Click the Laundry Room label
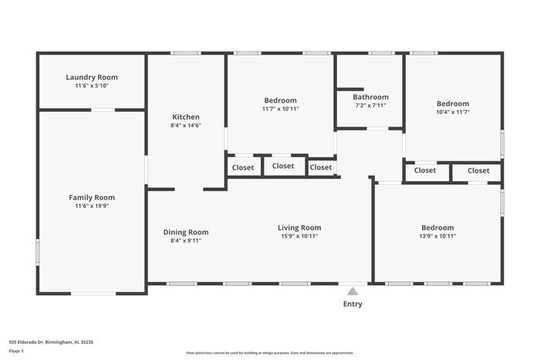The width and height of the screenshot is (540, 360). tap(92, 77)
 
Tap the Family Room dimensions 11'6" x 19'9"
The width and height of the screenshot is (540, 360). tap(92, 206)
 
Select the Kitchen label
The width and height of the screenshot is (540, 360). tap(186, 117)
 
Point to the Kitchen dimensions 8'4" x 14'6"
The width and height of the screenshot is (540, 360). tap(186, 126)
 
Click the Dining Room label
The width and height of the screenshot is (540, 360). tap(186, 232)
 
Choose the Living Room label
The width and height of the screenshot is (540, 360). tap(299, 227)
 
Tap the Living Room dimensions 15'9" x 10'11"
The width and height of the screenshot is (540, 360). tap(299, 236)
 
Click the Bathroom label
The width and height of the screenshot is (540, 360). tap(370, 97)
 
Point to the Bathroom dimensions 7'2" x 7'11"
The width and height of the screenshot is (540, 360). tap(370, 106)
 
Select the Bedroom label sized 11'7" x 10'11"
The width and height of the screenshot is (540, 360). tap(280, 100)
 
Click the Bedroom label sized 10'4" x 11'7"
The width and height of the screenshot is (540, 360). tap(452, 103)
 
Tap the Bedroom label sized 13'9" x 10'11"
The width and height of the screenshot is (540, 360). tap(437, 227)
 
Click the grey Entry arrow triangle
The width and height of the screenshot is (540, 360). tap(353, 291)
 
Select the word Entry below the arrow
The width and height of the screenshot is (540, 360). tap(353, 304)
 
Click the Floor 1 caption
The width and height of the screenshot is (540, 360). tap(16, 351)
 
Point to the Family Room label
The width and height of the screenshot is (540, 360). tap(92, 197)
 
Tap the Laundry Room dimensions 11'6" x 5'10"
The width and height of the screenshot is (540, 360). tap(92, 86)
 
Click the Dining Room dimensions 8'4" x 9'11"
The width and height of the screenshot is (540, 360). tap(186, 241)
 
